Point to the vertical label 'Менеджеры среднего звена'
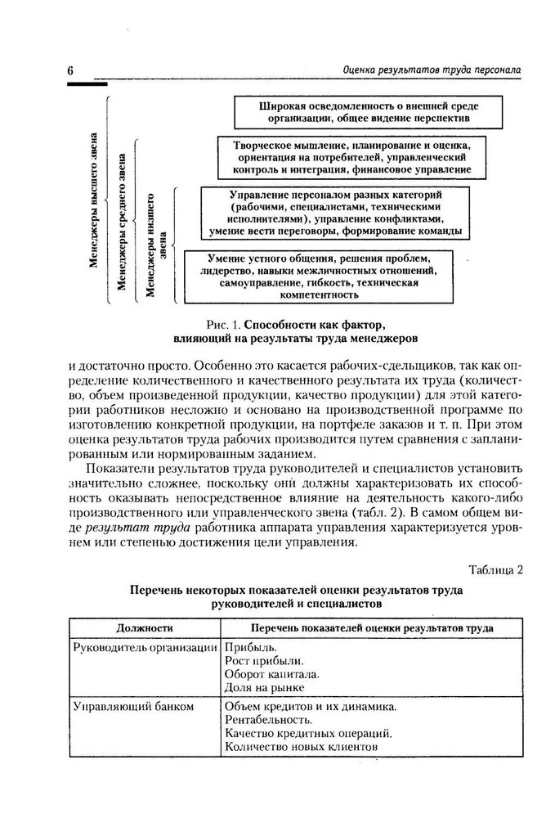122,221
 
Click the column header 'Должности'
145,627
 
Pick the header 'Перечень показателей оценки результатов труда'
360,627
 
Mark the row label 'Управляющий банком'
133,706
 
